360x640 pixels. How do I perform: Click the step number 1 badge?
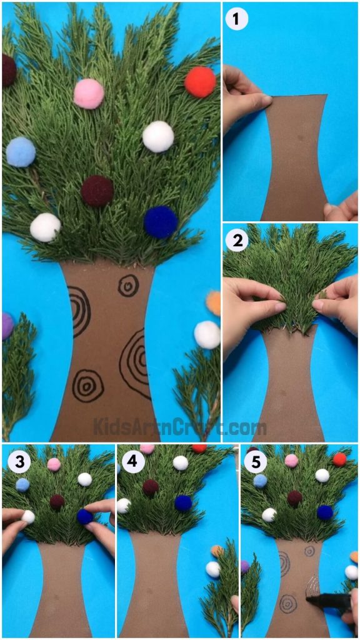coord(236,19)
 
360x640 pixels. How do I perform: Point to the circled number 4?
coord(131,462)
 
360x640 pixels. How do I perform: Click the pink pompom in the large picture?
coord(89,94)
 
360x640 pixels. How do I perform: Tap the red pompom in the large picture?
coord(200,82)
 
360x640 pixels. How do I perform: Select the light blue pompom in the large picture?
coord(21,152)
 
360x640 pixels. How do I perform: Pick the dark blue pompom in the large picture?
coord(161,222)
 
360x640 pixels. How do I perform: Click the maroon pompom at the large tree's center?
coord(97,191)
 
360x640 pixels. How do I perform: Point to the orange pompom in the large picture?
coord(214,302)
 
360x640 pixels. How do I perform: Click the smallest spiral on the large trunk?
coord(128,285)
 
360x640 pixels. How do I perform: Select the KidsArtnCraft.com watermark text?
coord(179,428)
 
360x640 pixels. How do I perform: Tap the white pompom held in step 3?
coord(28,517)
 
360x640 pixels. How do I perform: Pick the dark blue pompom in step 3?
coord(84,516)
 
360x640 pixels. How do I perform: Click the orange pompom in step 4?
coord(217,551)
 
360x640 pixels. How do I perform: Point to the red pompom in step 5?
coord(339,459)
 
